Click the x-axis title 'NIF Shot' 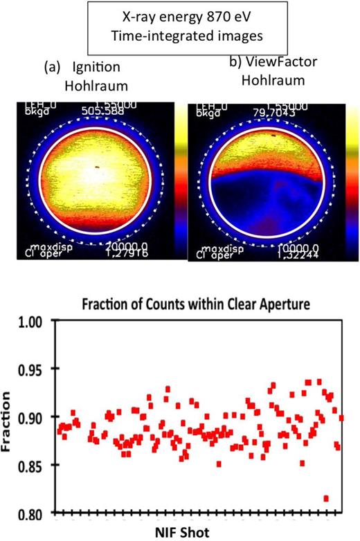coord(199,533)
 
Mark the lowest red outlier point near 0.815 coord(326,498)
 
